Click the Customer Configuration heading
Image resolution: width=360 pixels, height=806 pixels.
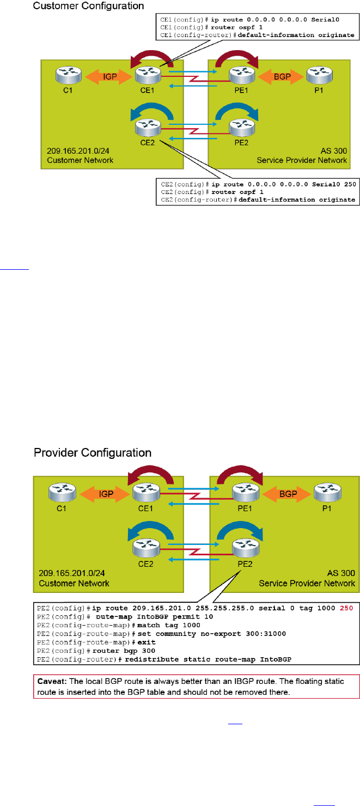click(x=88, y=7)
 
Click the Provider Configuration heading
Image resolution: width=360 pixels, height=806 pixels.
click(x=93, y=453)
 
